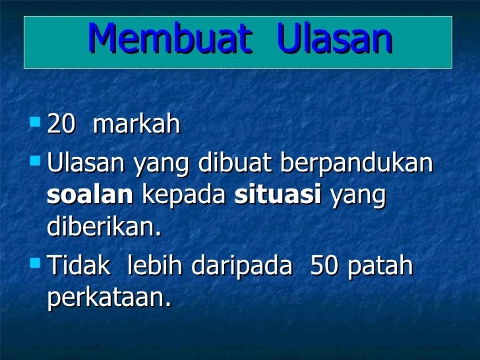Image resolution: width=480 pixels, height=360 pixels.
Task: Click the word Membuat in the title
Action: [x=170, y=38]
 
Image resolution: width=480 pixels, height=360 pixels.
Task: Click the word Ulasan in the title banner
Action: [x=334, y=38]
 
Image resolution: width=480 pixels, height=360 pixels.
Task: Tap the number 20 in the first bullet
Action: [x=61, y=124]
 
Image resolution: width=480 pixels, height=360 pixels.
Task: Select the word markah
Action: [x=136, y=123]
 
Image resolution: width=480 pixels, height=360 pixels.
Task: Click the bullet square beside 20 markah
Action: [x=36, y=121]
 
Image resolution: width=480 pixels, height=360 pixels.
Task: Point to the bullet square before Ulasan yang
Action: [x=36, y=161]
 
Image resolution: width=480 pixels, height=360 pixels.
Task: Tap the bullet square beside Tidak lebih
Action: [x=36, y=262]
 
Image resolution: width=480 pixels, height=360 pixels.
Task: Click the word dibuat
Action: [x=235, y=162]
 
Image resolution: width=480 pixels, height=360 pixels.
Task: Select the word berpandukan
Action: [x=357, y=164]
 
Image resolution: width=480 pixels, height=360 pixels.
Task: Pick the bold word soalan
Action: [x=90, y=194]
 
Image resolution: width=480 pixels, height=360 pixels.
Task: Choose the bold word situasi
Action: [x=278, y=194]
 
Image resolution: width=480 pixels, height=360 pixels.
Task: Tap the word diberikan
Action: [x=104, y=227]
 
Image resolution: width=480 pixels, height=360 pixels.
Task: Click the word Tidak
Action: [x=79, y=265]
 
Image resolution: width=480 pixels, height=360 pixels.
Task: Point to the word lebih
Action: [x=155, y=265]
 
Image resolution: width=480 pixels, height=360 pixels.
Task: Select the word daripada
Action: [x=242, y=266]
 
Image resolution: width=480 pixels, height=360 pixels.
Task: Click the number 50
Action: [x=324, y=266]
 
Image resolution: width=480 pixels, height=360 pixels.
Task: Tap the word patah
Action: [x=380, y=266]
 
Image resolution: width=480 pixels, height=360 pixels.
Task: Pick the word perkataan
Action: [x=109, y=298]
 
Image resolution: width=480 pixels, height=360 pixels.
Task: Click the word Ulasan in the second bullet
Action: [x=86, y=163]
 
